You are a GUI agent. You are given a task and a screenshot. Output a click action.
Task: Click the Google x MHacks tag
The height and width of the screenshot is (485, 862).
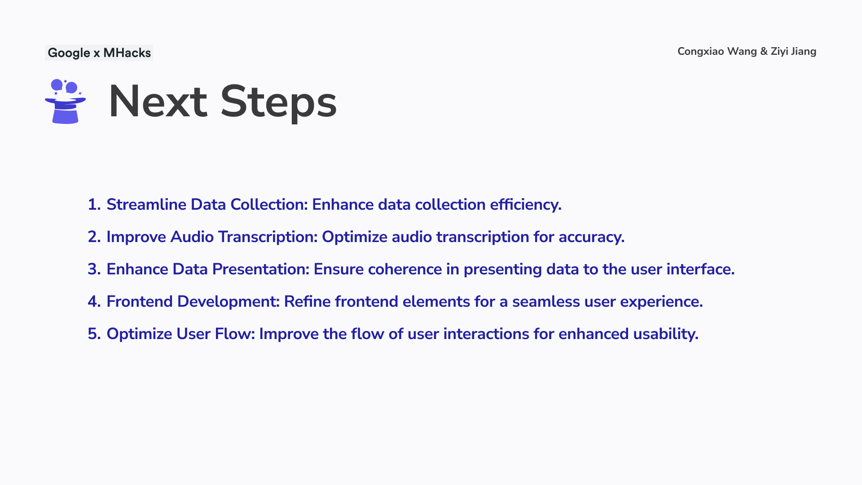point(99,53)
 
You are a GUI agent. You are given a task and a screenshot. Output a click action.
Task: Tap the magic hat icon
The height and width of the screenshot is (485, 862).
point(66,101)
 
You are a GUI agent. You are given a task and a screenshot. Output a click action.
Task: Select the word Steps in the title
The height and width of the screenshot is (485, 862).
point(278,103)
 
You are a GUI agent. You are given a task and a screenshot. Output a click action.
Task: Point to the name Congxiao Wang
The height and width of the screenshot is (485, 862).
point(717,52)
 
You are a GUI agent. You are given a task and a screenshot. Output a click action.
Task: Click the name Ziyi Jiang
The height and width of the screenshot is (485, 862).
point(794,52)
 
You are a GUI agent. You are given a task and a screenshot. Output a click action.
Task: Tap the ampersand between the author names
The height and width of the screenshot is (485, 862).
point(764,52)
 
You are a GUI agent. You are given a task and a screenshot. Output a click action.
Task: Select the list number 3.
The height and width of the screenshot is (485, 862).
point(94,269)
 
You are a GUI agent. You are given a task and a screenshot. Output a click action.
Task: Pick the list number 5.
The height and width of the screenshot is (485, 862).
point(94,334)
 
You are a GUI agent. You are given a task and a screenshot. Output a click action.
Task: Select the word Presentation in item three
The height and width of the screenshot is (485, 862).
point(261,269)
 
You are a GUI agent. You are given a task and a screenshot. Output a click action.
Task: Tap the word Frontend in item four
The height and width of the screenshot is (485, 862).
point(140,302)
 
